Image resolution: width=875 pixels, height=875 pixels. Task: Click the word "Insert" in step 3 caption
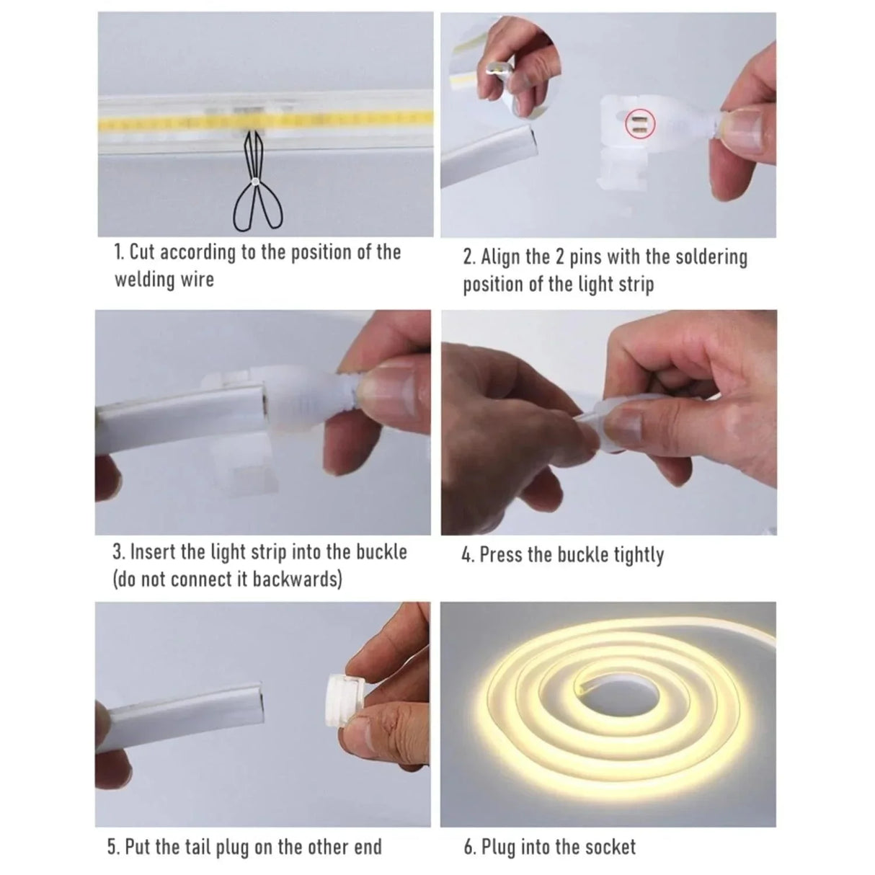[154, 553]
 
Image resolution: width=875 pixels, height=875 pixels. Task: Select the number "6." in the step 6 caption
[470, 847]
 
